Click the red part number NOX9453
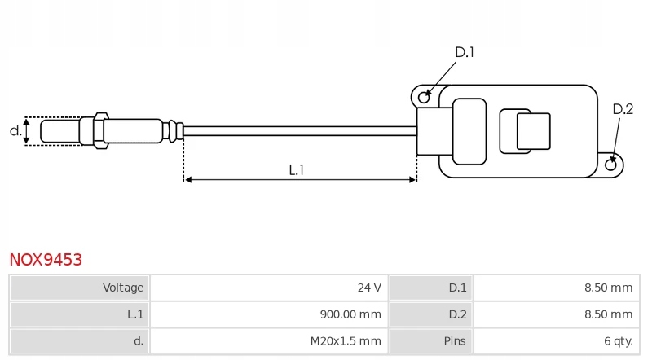pyautogui.click(x=46, y=260)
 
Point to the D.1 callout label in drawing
pyautogui.click(x=464, y=52)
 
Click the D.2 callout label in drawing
pyautogui.click(x=623, y=109)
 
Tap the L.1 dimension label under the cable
pyautogui.click(x=297, y=170)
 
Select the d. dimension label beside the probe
pyautogui.click(x=15, y=130)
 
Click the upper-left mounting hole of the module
pyautogui.click(x=424, y=98)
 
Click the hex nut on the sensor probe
pyautogui.click(x=100, y=130)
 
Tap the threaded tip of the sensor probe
pyautogui.click(x=59, y=130)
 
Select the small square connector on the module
pyautogui.click(x=533, y=131)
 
